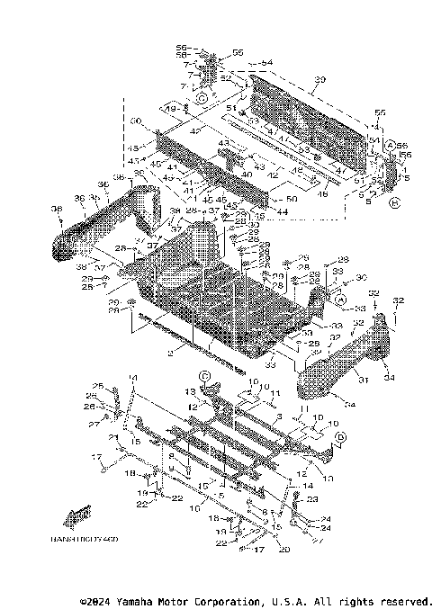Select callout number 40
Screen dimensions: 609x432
coord(222,175)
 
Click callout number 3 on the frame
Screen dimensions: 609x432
coord(279,417)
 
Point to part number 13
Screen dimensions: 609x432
coord(190,392)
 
